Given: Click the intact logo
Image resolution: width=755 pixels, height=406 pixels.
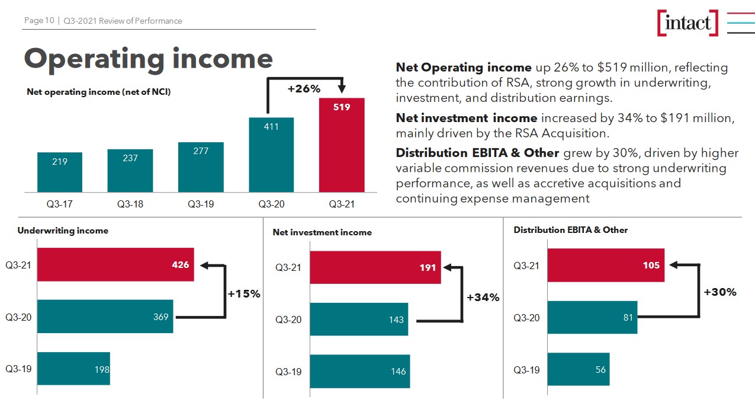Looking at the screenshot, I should [687, 23].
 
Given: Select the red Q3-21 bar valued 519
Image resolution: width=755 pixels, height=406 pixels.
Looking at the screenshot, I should [342, 145].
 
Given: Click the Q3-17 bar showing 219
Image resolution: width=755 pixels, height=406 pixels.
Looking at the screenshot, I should [60, 172].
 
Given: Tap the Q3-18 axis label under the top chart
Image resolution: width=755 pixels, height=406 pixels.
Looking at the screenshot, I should [130, 204].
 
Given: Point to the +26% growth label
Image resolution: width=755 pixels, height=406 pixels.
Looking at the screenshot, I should [304, 89].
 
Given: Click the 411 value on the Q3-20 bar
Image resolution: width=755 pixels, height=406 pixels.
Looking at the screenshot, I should [271, 126].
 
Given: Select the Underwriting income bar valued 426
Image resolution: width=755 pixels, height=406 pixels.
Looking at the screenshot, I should [115, 264].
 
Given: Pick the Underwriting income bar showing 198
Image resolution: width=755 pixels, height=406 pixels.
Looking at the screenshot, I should [73, 369].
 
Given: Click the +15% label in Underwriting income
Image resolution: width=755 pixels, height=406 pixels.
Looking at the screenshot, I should [244, 293].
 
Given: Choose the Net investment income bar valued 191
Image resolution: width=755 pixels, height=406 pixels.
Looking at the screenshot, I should [375, 267].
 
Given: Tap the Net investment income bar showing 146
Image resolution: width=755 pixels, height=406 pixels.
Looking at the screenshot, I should [359, 372].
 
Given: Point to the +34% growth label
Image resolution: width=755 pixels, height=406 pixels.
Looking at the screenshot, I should [483, 298].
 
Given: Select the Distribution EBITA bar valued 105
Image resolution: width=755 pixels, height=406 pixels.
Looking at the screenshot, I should [605, 265].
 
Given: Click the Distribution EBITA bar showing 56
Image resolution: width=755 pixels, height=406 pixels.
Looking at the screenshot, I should [578, 369].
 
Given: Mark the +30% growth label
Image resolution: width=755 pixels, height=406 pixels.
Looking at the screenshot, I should [719, 292].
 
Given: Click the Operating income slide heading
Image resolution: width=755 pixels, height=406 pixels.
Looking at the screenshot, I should [148, 58].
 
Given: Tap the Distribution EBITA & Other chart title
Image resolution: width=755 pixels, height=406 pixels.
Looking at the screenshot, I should [570, 230].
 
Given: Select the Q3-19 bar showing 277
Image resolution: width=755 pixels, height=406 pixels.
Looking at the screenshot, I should [201, 167].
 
